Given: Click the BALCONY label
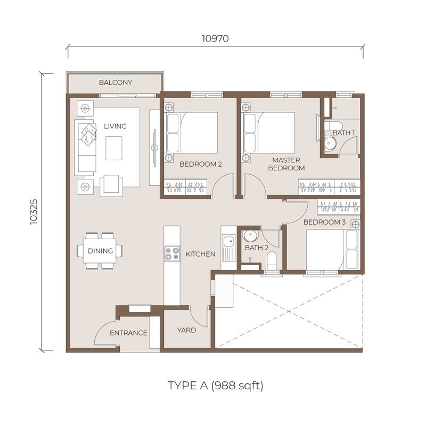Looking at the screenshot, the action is [x=116, y=83].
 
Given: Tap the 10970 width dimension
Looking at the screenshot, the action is [x=215, y=38].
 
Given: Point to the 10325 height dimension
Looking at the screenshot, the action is [x=34, y=212].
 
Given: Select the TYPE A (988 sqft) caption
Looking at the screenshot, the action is [x=216, y=386].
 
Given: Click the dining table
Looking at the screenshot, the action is [x=100, y=251].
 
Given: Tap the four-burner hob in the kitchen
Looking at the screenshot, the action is [x=172, y=254].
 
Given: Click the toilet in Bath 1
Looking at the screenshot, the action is [x=333, y=126].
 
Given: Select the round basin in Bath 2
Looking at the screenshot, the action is [x=250, y=236].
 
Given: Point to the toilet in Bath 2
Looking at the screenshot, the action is [x=272, y=261].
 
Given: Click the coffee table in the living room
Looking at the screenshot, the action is [x=114, y=149].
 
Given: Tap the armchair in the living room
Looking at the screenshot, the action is [x=111, y=185].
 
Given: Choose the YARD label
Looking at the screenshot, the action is [x=187, y=330].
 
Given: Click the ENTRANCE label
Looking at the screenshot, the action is [x=128, y=333].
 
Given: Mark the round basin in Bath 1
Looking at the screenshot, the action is [x=330, y=142].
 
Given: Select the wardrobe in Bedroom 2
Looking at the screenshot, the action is [x=185, y=187].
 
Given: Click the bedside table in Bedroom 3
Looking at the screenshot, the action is [x=355, y=224].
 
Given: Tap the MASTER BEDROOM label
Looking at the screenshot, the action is [x=286, y=164].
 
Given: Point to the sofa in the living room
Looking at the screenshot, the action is [x=85, y=148].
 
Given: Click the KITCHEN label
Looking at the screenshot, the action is [x=200, y=254].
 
